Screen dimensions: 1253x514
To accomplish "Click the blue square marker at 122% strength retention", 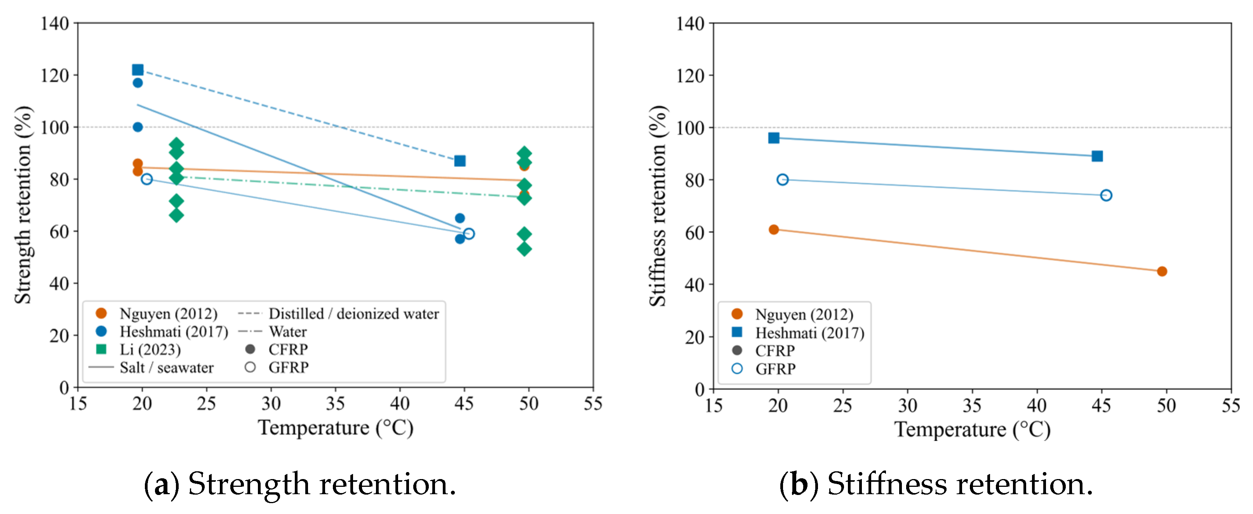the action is [137, 70].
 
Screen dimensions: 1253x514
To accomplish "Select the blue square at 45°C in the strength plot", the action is [459, 161].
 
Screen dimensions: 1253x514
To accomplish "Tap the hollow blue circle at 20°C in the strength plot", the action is [147, 179].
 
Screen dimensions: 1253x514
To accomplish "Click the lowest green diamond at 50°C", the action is [524, 249].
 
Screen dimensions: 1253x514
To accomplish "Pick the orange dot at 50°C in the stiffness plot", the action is [1162, 271].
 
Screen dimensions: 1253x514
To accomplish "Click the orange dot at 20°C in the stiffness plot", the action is [774, 229].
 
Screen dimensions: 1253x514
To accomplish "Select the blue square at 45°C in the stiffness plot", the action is [1097, 156].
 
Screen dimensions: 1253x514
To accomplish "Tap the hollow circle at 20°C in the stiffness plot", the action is [783, 179].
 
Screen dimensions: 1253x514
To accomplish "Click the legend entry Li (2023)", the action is [139, 350].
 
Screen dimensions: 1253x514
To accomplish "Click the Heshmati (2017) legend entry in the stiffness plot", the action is [798, 333].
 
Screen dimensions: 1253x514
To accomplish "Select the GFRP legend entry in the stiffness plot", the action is [764, 369].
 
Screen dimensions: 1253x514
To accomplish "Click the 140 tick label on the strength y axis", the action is [54, 23].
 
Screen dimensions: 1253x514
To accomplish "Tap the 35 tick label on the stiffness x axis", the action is [972, 405].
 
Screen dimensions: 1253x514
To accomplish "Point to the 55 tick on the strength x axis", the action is [593, 403].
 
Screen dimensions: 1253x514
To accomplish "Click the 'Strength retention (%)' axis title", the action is [23, 205].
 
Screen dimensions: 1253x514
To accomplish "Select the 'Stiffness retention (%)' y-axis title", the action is [658, 206].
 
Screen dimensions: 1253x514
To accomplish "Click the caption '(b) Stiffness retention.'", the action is [936, 484].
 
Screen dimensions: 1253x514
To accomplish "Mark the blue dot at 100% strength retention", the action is [137, 127].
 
